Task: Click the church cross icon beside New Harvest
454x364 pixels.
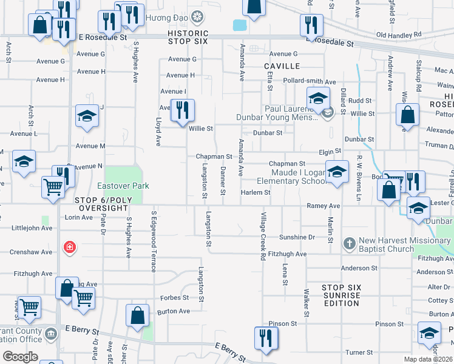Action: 349,244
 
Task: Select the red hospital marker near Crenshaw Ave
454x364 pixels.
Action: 70,248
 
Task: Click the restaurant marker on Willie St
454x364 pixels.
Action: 182,111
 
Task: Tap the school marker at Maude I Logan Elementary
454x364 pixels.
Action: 337,172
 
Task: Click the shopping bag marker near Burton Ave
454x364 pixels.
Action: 138,315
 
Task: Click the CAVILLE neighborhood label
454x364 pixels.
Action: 282,66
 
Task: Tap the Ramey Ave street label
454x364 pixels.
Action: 323,206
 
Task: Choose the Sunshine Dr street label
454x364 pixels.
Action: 297,237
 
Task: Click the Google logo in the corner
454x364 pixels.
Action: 19,357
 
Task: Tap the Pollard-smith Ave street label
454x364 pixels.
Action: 309,81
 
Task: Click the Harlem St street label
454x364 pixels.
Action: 255,193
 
